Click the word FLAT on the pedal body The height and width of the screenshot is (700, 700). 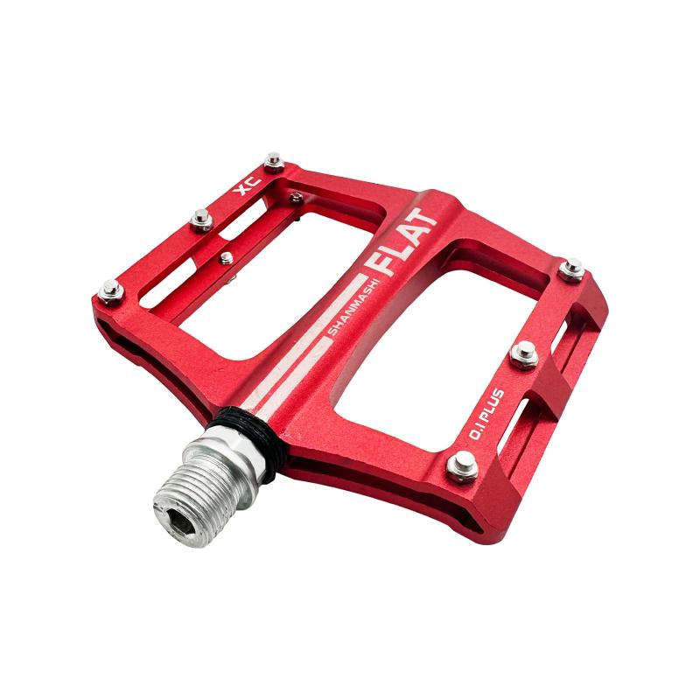[401, 241]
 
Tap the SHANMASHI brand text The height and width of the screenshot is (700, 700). [353, 308]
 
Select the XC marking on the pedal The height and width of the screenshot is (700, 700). [248, 185]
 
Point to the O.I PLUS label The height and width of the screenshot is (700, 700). [486, 414]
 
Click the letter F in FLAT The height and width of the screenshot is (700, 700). [376, 266]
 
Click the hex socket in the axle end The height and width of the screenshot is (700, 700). [183, 522]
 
